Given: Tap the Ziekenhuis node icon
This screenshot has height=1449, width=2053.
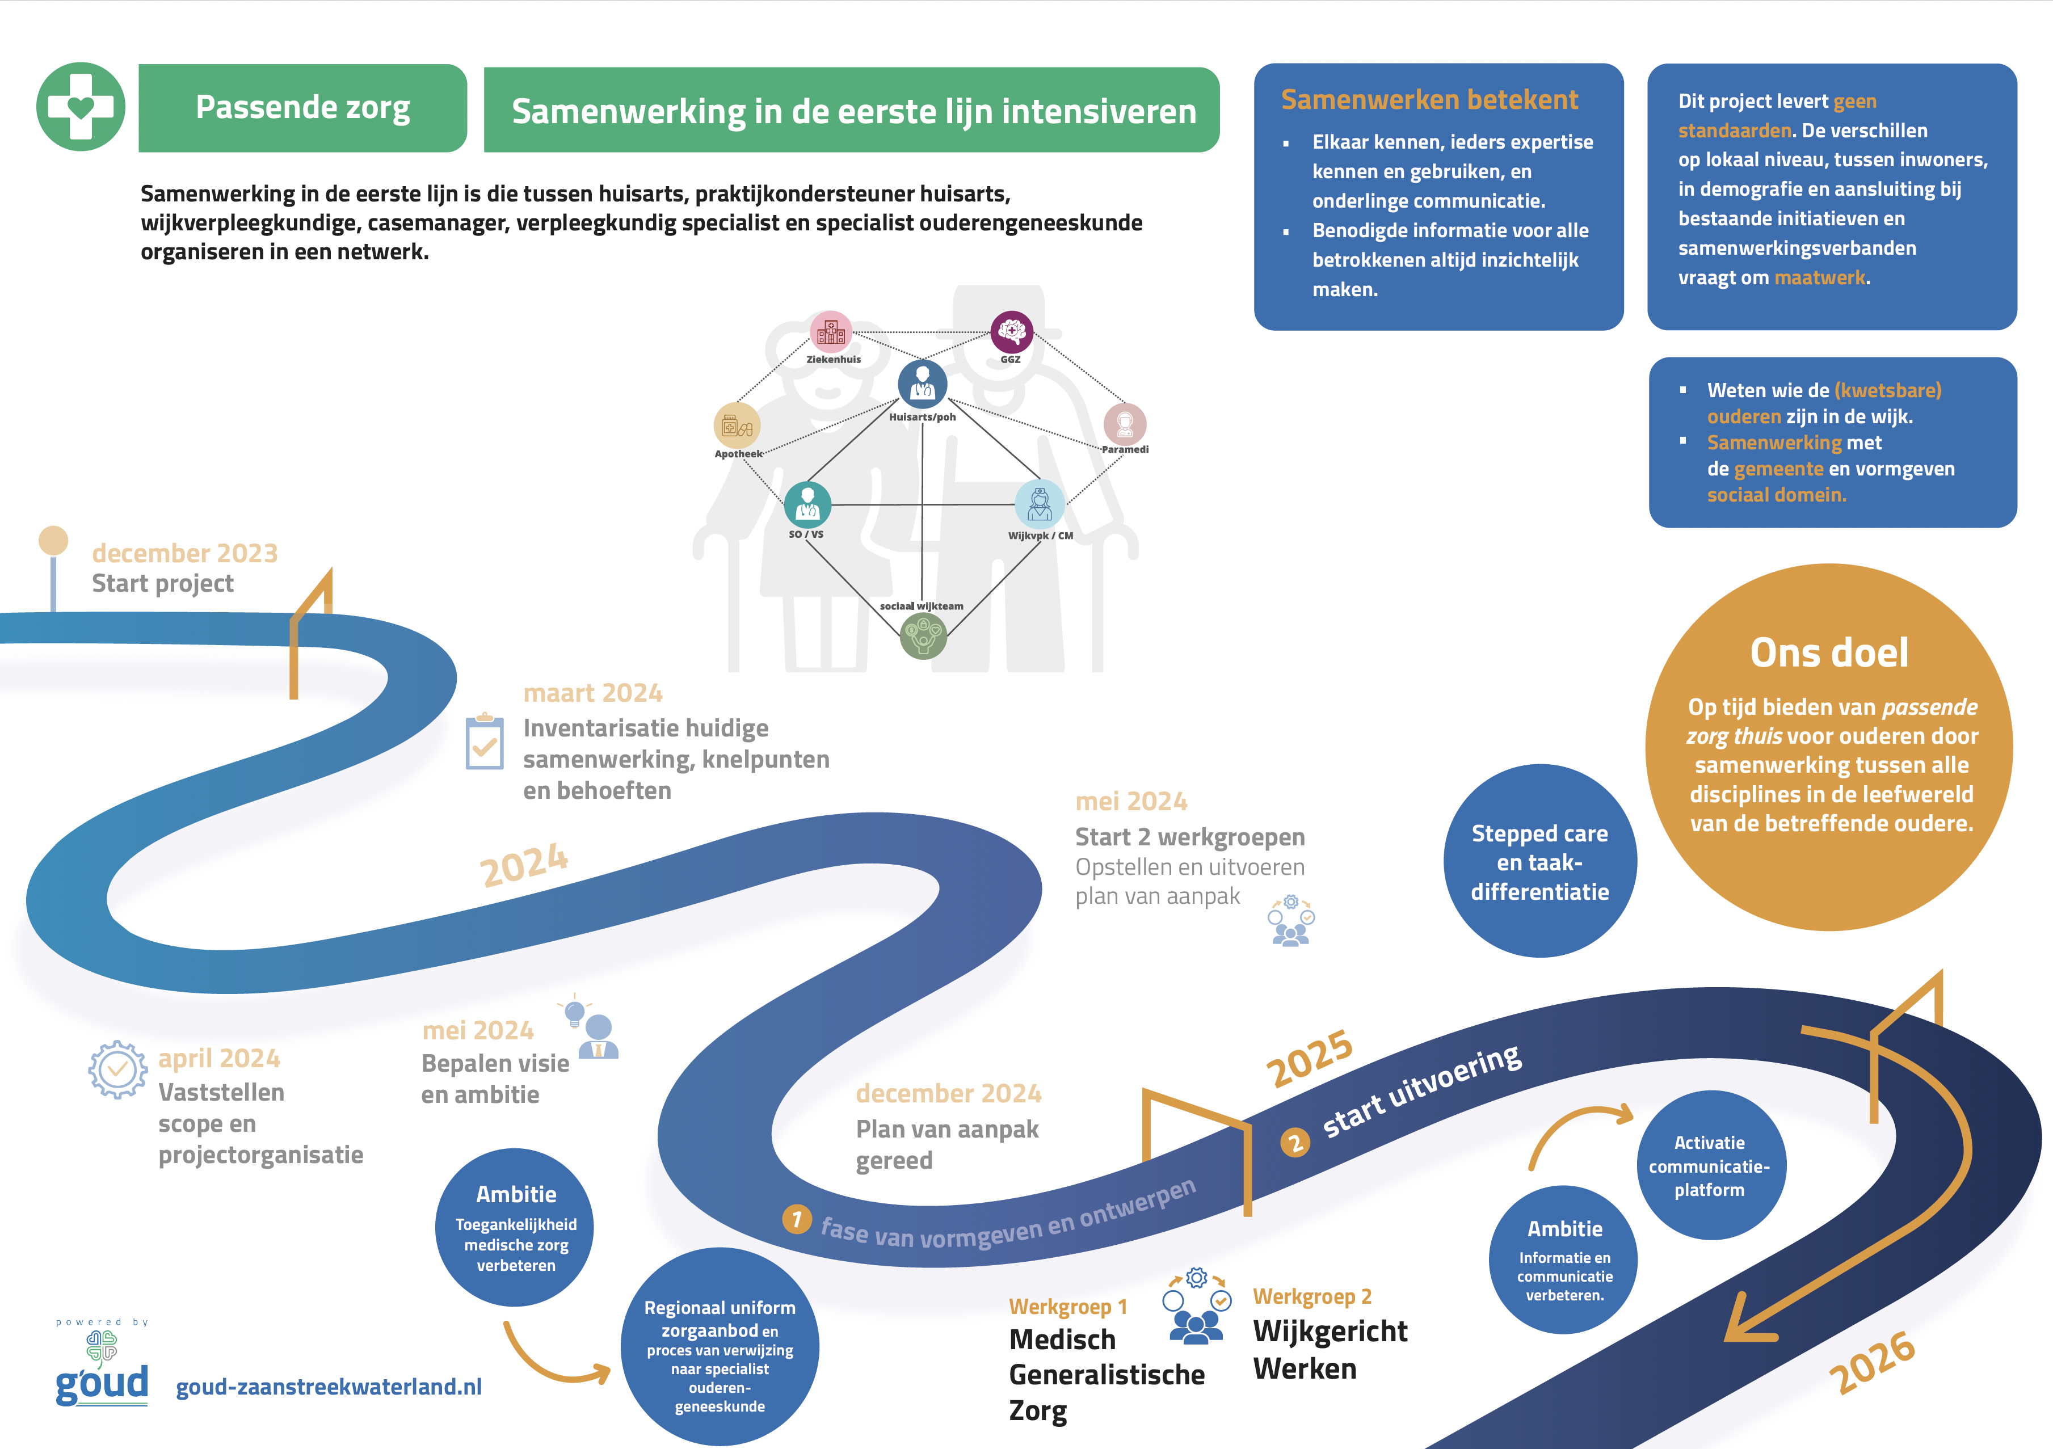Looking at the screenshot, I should point(831,332).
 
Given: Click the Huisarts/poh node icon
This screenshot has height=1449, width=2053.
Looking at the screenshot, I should point(922,384).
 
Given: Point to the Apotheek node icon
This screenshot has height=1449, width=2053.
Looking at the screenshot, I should point(737,426).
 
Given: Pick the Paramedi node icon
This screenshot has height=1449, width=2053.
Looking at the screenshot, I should point(1125,424).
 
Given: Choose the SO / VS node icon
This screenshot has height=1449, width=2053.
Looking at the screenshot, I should point(807,504).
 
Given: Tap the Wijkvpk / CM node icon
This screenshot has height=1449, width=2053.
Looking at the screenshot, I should point(1039,504).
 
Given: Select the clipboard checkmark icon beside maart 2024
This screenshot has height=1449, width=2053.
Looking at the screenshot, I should point(485,742).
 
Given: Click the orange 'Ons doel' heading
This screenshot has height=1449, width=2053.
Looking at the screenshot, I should point(1828,652).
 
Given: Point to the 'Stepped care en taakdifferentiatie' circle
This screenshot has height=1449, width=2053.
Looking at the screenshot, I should point(1539,861).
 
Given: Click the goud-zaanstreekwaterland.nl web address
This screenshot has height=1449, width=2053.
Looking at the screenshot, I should point(328,1387).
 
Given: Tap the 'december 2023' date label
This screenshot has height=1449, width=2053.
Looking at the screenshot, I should point(185,553).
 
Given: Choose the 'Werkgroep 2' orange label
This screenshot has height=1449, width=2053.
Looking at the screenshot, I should point(1312,1296).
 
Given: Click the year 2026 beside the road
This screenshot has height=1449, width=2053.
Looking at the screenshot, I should point(1871,1362).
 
